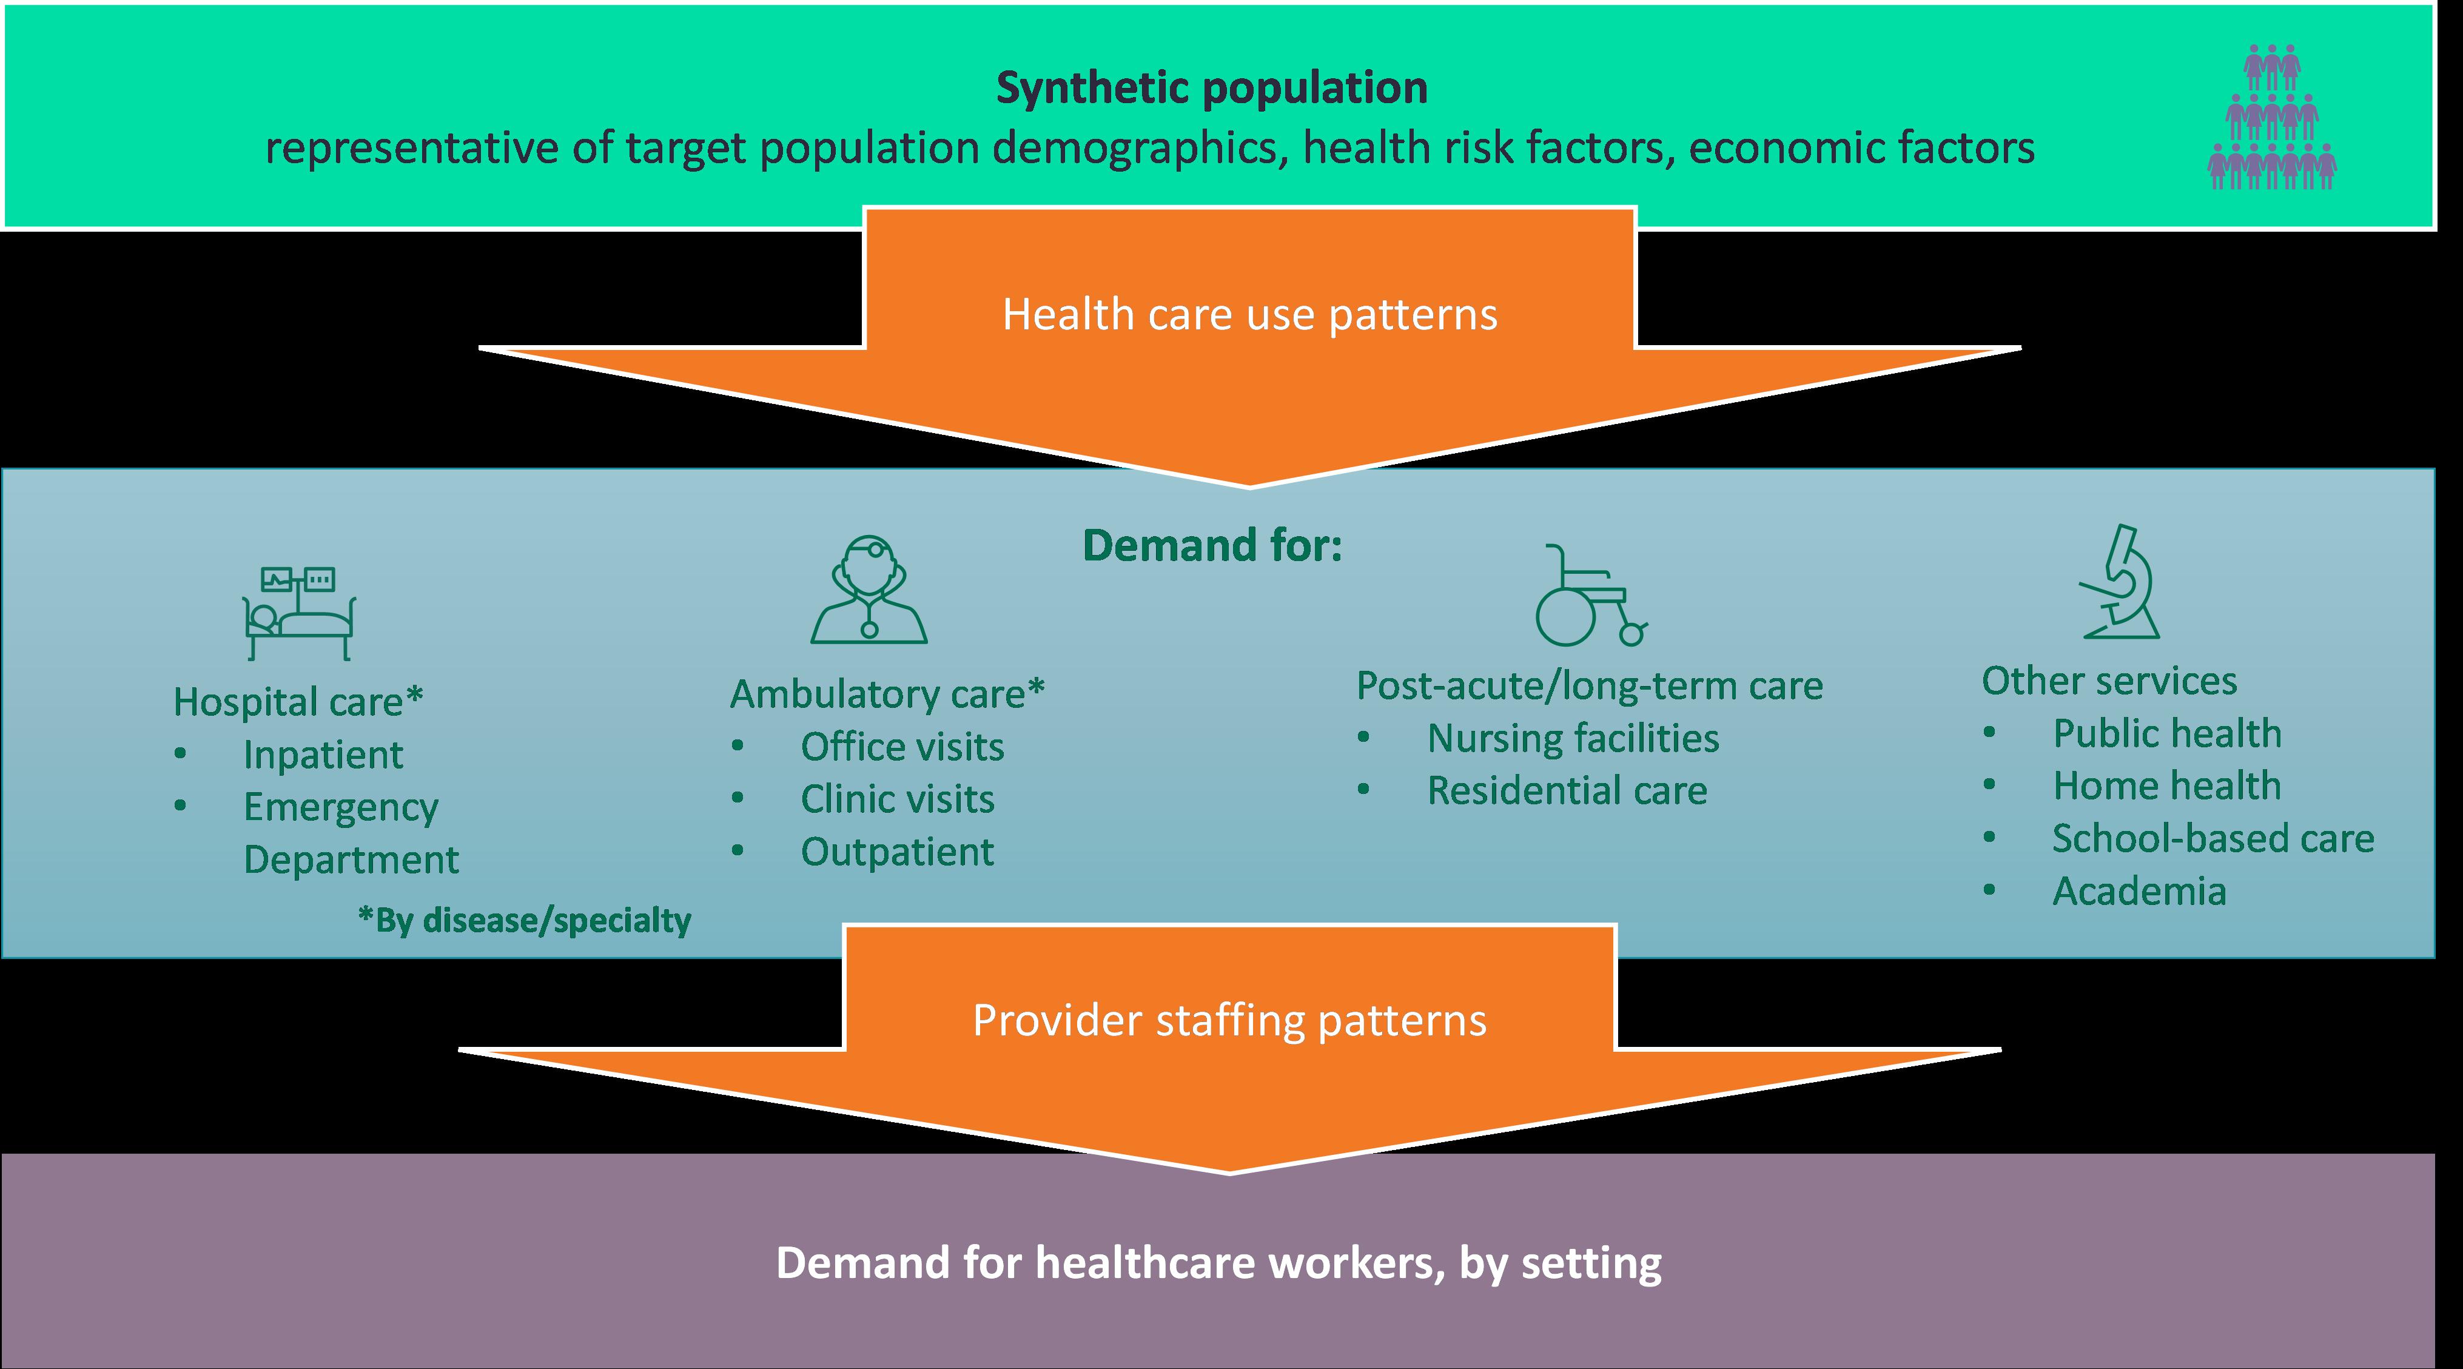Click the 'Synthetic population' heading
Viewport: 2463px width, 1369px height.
[1211, 88]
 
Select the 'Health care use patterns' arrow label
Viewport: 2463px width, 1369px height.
[1249, 315]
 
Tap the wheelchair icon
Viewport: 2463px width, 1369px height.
[1589, 596]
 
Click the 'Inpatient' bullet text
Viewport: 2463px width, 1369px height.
[323, 755]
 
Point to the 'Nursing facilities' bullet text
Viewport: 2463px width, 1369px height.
[1573, 739]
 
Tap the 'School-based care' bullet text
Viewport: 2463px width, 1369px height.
[2213, 838]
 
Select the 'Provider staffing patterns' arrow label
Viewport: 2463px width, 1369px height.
[1229, 1020]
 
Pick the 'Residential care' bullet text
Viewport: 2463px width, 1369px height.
[1566, 790]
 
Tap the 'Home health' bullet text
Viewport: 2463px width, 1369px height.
[2166, 786]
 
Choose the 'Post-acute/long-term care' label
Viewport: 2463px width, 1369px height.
[1589, 685]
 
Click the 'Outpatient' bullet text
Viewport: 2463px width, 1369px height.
[897, 852]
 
